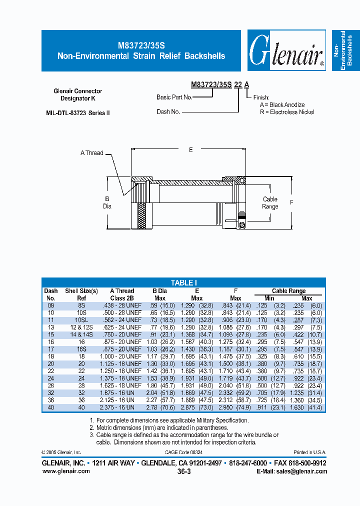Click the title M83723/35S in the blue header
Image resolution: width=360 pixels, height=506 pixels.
(141, 44)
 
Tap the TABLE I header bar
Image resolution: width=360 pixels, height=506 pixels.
(183, 282)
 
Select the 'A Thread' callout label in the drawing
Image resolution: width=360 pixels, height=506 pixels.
(91, 153)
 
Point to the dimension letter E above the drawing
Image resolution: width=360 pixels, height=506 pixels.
(190, 149)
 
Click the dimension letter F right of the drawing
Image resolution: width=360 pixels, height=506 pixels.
(291, 202)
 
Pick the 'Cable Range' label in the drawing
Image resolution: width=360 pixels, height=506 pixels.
(270, 203)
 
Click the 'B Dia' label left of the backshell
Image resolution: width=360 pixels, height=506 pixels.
(107, 202)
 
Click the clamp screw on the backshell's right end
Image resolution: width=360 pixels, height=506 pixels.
(241, 225)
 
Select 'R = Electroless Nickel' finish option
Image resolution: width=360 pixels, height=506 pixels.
(287, 112)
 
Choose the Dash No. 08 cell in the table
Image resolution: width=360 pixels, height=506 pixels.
(50, 305)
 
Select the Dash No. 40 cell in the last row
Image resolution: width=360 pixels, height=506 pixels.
(50, 407)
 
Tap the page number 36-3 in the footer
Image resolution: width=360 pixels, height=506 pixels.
(183, 471)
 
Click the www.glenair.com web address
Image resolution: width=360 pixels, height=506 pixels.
(65, 471)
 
